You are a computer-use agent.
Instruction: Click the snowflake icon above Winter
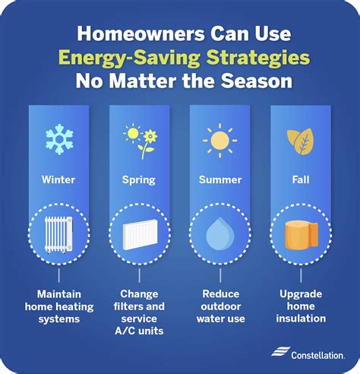click(59, 139)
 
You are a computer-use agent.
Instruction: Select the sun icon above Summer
click(219, 141)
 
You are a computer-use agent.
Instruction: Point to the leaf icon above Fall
click(300, 141)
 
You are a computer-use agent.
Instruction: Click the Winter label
click(58, 179)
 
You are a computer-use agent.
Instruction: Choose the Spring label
click(139, 180)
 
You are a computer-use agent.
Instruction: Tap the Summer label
click(220, 179)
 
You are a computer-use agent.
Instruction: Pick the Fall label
click(301, 179)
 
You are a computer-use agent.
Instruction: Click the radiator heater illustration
click(58, 235)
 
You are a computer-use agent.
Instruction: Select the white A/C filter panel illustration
click(140, 234)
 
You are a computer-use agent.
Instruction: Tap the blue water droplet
click(219, 233)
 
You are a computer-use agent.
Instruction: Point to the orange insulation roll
click(302, 235)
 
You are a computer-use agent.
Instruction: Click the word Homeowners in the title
click(141, 33)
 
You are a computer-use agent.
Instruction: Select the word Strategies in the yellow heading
click(258, 58)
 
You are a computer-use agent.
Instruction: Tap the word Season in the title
click(257, 81)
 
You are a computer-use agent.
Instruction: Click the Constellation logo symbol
click(280, 352)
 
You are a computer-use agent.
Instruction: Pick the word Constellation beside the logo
click(317, 355)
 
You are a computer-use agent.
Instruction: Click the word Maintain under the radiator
click(59, 294)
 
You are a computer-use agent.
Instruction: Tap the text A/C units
click(139, 331)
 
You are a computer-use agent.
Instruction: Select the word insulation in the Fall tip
click(301, 319)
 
